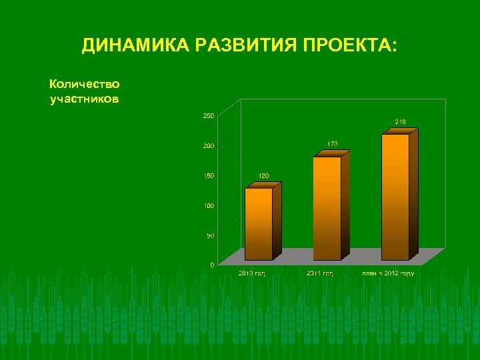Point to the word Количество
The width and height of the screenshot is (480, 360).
coord(85,84)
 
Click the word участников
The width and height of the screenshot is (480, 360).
coord(85,99)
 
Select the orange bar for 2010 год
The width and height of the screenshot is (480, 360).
coord(259,223)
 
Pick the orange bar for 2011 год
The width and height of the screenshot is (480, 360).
coord(327,208)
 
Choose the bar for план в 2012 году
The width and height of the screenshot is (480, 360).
coord(395,197)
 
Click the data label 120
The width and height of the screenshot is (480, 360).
coord(264,175)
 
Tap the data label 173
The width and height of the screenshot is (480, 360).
coord(332,143)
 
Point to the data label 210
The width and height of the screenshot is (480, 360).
coord(400,122)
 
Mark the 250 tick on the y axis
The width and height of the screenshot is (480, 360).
coord(208,116)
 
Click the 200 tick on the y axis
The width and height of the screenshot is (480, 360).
coord(208,146)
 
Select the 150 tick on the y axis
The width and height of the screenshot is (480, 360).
coord(208,176)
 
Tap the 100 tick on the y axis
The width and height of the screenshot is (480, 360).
coord(208,205)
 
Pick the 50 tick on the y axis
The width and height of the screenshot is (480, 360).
coord(210,235)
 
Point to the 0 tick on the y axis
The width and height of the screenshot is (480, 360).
coord(212,265)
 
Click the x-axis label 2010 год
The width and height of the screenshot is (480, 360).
coord(252,273)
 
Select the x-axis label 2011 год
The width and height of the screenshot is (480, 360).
coord(320,273)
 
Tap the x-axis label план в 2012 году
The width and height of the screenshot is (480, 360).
coord(388,273)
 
